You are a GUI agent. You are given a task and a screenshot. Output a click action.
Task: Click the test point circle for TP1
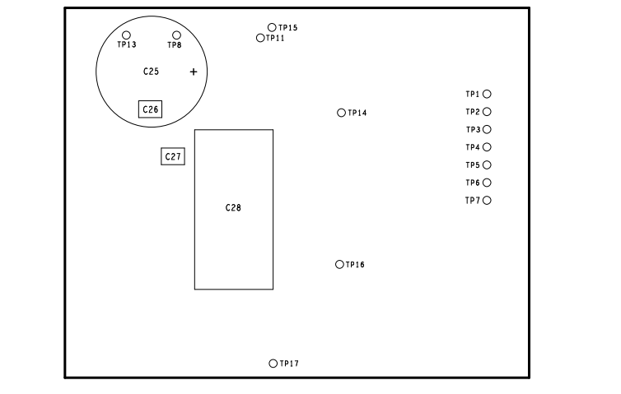[487, 95]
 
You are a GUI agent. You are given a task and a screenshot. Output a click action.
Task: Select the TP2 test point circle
[487, 112]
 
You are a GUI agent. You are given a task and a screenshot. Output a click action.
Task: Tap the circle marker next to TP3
[487, 130]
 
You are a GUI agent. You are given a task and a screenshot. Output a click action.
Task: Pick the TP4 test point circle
[487, 147]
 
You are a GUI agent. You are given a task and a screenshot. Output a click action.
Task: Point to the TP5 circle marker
[487, 165]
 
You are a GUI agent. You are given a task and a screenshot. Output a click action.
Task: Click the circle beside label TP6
[487, 183]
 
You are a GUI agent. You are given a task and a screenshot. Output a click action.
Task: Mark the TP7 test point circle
[487, 200]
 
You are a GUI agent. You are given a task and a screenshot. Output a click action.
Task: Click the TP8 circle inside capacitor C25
[176, 35]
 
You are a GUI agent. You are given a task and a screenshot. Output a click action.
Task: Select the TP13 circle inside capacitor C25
[126, 35]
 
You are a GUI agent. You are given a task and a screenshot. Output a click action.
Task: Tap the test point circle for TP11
[260, 38]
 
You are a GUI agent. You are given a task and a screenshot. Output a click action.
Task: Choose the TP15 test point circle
[272, 27]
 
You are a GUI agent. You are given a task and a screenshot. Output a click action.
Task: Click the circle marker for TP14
[341, 113]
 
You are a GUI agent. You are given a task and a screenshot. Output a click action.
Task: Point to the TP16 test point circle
[339, 264]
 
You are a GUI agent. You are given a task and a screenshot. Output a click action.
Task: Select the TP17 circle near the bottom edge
[273, 364]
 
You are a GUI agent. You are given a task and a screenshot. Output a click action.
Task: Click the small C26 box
[150, 109]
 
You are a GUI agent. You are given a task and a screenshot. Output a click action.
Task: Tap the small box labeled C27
[172, 156]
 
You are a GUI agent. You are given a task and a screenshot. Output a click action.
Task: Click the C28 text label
[233, 208]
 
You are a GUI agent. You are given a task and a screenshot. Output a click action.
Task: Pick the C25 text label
[151, 72]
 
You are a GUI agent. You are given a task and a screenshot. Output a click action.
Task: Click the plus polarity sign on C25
[194, 72]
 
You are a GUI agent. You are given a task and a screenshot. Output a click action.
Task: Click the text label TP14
[357, 113]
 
